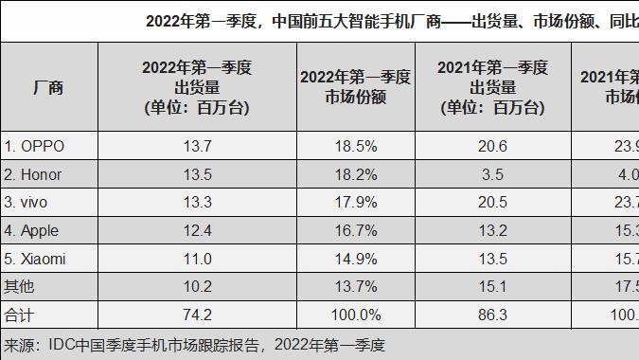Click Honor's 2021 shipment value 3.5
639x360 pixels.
492,173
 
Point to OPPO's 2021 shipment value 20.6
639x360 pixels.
492,146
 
